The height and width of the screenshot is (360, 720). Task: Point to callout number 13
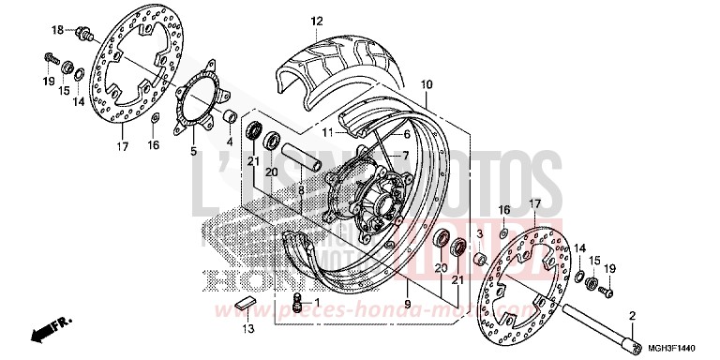click(x=247, y=329)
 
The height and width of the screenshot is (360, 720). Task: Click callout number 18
click(x=56, y=30)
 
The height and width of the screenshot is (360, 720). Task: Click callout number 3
click(x=479, y=232)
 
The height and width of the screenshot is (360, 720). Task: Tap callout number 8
click(x=300, y=190)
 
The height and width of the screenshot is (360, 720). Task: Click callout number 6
click(x=406, y=134)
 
